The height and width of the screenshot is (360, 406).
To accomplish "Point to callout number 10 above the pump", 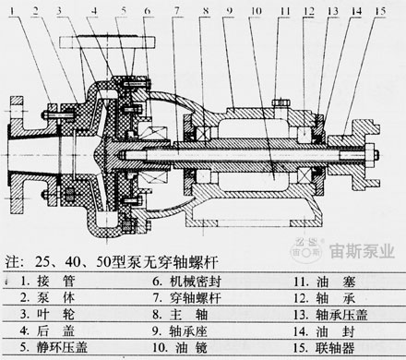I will (251, 12).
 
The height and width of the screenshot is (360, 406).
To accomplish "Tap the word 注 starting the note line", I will (11, 256).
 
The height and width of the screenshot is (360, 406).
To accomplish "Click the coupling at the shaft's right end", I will (370, 151).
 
